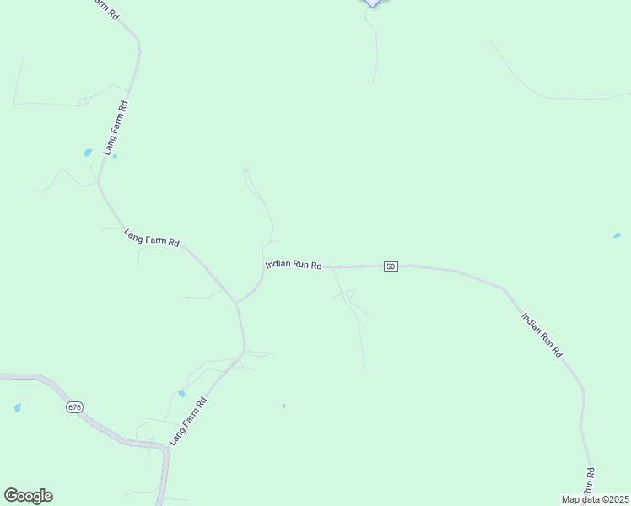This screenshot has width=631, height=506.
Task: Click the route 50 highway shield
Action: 390,266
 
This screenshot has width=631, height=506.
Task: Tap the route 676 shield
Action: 75,406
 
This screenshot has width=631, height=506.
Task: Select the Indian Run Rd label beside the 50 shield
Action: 294,265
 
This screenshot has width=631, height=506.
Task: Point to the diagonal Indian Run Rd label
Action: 542,336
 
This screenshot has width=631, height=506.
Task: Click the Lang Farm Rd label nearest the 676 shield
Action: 187,422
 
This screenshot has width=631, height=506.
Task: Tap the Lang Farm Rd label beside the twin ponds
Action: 116,128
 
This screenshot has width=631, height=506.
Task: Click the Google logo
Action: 28,496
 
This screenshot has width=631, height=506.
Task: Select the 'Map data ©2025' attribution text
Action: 595,499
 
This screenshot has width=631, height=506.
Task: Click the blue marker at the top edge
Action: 373,3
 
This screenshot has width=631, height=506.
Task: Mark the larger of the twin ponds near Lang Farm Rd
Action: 88,153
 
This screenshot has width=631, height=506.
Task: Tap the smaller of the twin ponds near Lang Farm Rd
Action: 115,156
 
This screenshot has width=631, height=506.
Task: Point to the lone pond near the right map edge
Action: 617,235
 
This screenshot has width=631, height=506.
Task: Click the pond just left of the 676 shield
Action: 18,407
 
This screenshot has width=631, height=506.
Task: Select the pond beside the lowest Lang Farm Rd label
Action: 181,393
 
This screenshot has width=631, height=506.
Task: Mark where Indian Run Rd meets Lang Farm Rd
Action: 237,301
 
